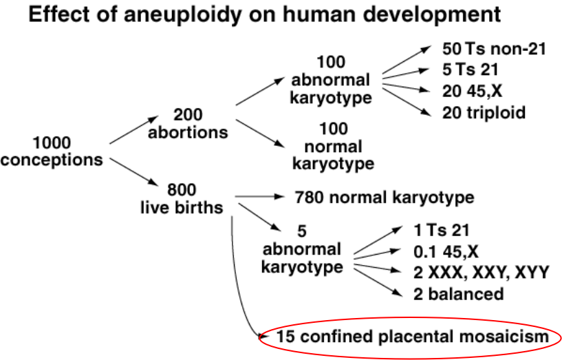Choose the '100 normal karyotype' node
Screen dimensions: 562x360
[x=333, y=146]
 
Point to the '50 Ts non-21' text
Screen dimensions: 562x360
[x=495, y=50]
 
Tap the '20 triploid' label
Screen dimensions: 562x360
[x=484, y=112]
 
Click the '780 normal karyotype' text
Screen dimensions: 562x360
[x=384, y=198]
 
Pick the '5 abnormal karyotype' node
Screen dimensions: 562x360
[x=302, y=248]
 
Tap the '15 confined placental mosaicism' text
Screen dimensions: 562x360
[x=412, y=337]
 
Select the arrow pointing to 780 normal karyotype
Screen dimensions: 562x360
[x=261, y=197]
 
